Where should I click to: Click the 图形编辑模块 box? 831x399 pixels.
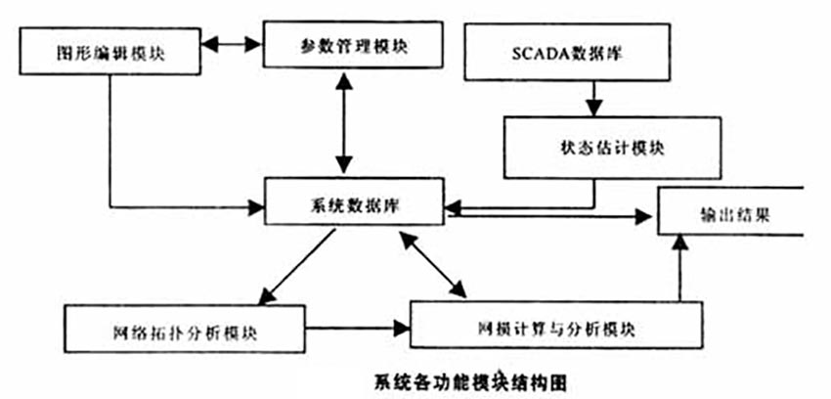pyautogui.click(x=110, y=51)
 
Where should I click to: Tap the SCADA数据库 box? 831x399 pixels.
pyautogui.click(x=567, y=52)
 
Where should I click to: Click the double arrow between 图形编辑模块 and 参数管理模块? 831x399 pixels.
pyautogui.click(x=233, y=45)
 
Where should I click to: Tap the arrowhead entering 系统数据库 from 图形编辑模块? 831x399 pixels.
pyautogui.click(x=261, y=206)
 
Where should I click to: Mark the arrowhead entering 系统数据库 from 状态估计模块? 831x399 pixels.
pyautogui.click(x=454, y=206)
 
